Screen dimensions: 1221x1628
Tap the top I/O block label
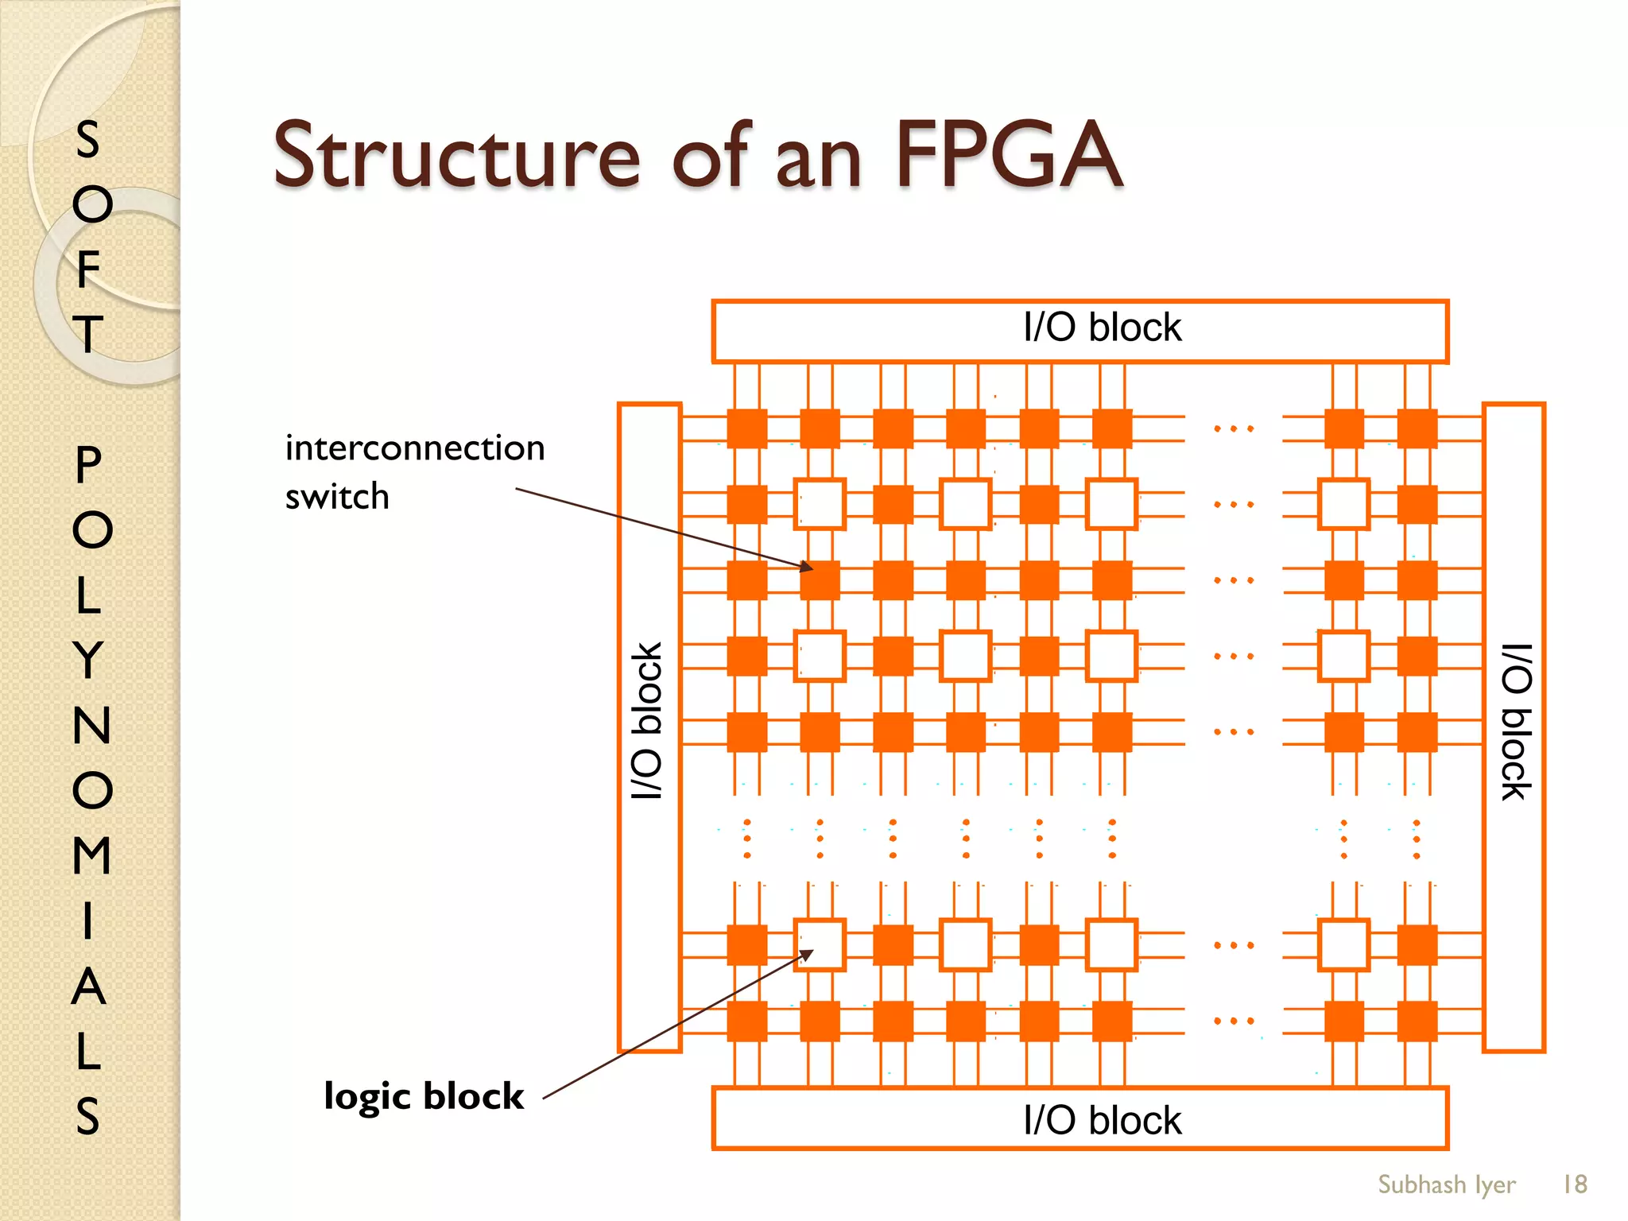(1102, 328)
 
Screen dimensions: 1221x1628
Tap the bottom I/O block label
(1102, 1120)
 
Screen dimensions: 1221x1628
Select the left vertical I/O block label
(647, 720)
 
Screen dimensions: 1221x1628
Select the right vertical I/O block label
(1515, 720)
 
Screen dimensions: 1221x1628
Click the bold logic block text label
(424, 1095)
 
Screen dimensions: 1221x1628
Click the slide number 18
(1574, 1184)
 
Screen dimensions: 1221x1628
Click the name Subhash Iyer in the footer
(1446, 1184)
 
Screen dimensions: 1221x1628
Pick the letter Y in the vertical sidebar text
(89, 660)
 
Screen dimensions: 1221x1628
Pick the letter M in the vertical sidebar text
(91, 855)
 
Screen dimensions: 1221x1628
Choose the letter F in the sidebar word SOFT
(89, 269)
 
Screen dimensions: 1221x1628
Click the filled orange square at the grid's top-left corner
(747, 428)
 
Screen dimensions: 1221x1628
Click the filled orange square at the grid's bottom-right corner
(1417, 1021)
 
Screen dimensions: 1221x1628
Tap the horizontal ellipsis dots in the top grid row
(1233, 428)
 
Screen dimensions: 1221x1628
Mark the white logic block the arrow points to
(820, 944)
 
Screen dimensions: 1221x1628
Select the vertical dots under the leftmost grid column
(747, 839)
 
